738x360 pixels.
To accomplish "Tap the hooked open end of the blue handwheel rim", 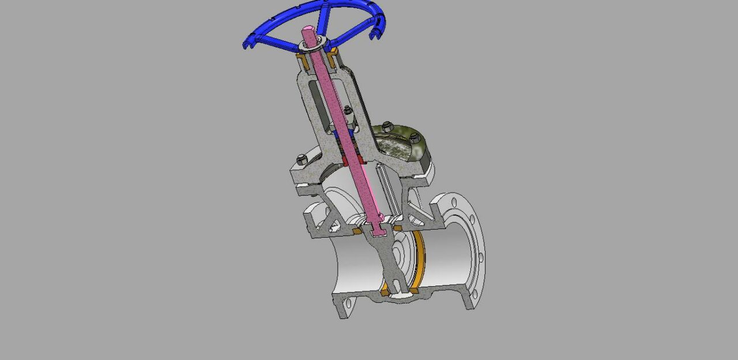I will pyautogui.click(x=373, y=35).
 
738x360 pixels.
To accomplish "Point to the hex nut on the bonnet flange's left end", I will pyautogui.click(x=301, y=160).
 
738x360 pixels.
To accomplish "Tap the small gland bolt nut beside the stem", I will pyautogui.click(x=347, y=110).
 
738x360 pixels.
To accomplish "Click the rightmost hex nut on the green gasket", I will pyautogui.click(x=414, y=137).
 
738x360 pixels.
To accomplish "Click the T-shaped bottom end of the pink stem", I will pyautogui.click(x=378, y=230).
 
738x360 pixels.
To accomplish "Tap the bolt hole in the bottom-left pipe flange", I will pyautogui.click(x=348, y=301).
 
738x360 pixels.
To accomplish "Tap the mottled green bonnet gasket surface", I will pyautogui.click(x=398, y=144).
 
